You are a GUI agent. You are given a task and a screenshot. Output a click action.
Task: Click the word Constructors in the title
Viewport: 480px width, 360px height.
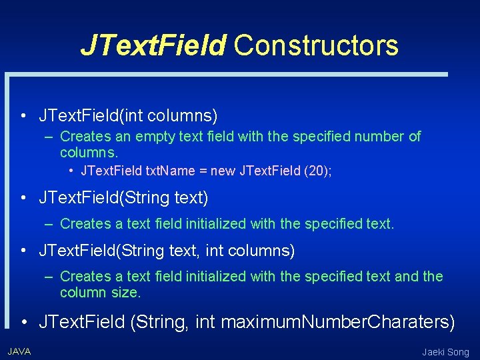click(316, 45)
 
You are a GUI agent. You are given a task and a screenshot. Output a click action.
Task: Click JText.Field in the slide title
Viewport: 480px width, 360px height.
click(153, 45)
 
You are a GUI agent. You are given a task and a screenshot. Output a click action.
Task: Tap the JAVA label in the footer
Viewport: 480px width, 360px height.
click(19, 351)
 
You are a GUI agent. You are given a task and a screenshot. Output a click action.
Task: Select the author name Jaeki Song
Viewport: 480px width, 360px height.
click(445, 352)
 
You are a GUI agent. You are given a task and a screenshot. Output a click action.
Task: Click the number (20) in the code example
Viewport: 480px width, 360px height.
click(317, 171)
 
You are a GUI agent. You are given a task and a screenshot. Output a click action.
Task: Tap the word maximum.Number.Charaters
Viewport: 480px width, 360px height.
click(338, 323)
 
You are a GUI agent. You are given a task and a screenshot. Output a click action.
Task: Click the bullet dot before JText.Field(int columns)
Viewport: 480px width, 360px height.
click(23, 117)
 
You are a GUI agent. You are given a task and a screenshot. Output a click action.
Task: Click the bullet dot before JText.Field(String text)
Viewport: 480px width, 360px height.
click(23, 198)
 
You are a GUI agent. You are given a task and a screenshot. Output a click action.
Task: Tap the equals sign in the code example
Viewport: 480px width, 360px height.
click(202, 171)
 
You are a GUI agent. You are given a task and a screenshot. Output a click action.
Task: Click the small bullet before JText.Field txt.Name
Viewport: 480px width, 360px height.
click(71, 171)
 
